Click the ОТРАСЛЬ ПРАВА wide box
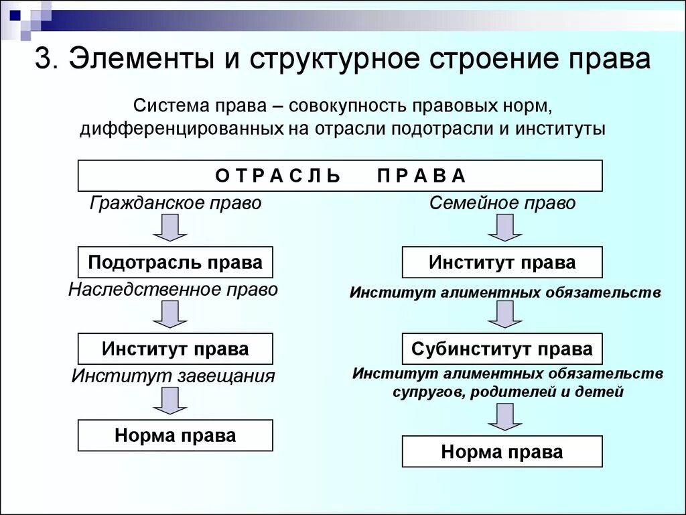pos(340,176)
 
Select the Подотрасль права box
pos(176,262)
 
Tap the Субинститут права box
pos(502,349)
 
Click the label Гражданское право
pos(176,203)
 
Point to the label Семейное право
pos(502,203)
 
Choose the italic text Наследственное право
pos(173,290)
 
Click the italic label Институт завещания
pos(174,376)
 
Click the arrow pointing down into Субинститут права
pos(504,314)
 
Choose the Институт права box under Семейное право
pos(502,262)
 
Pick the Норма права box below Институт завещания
pos(176,435)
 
